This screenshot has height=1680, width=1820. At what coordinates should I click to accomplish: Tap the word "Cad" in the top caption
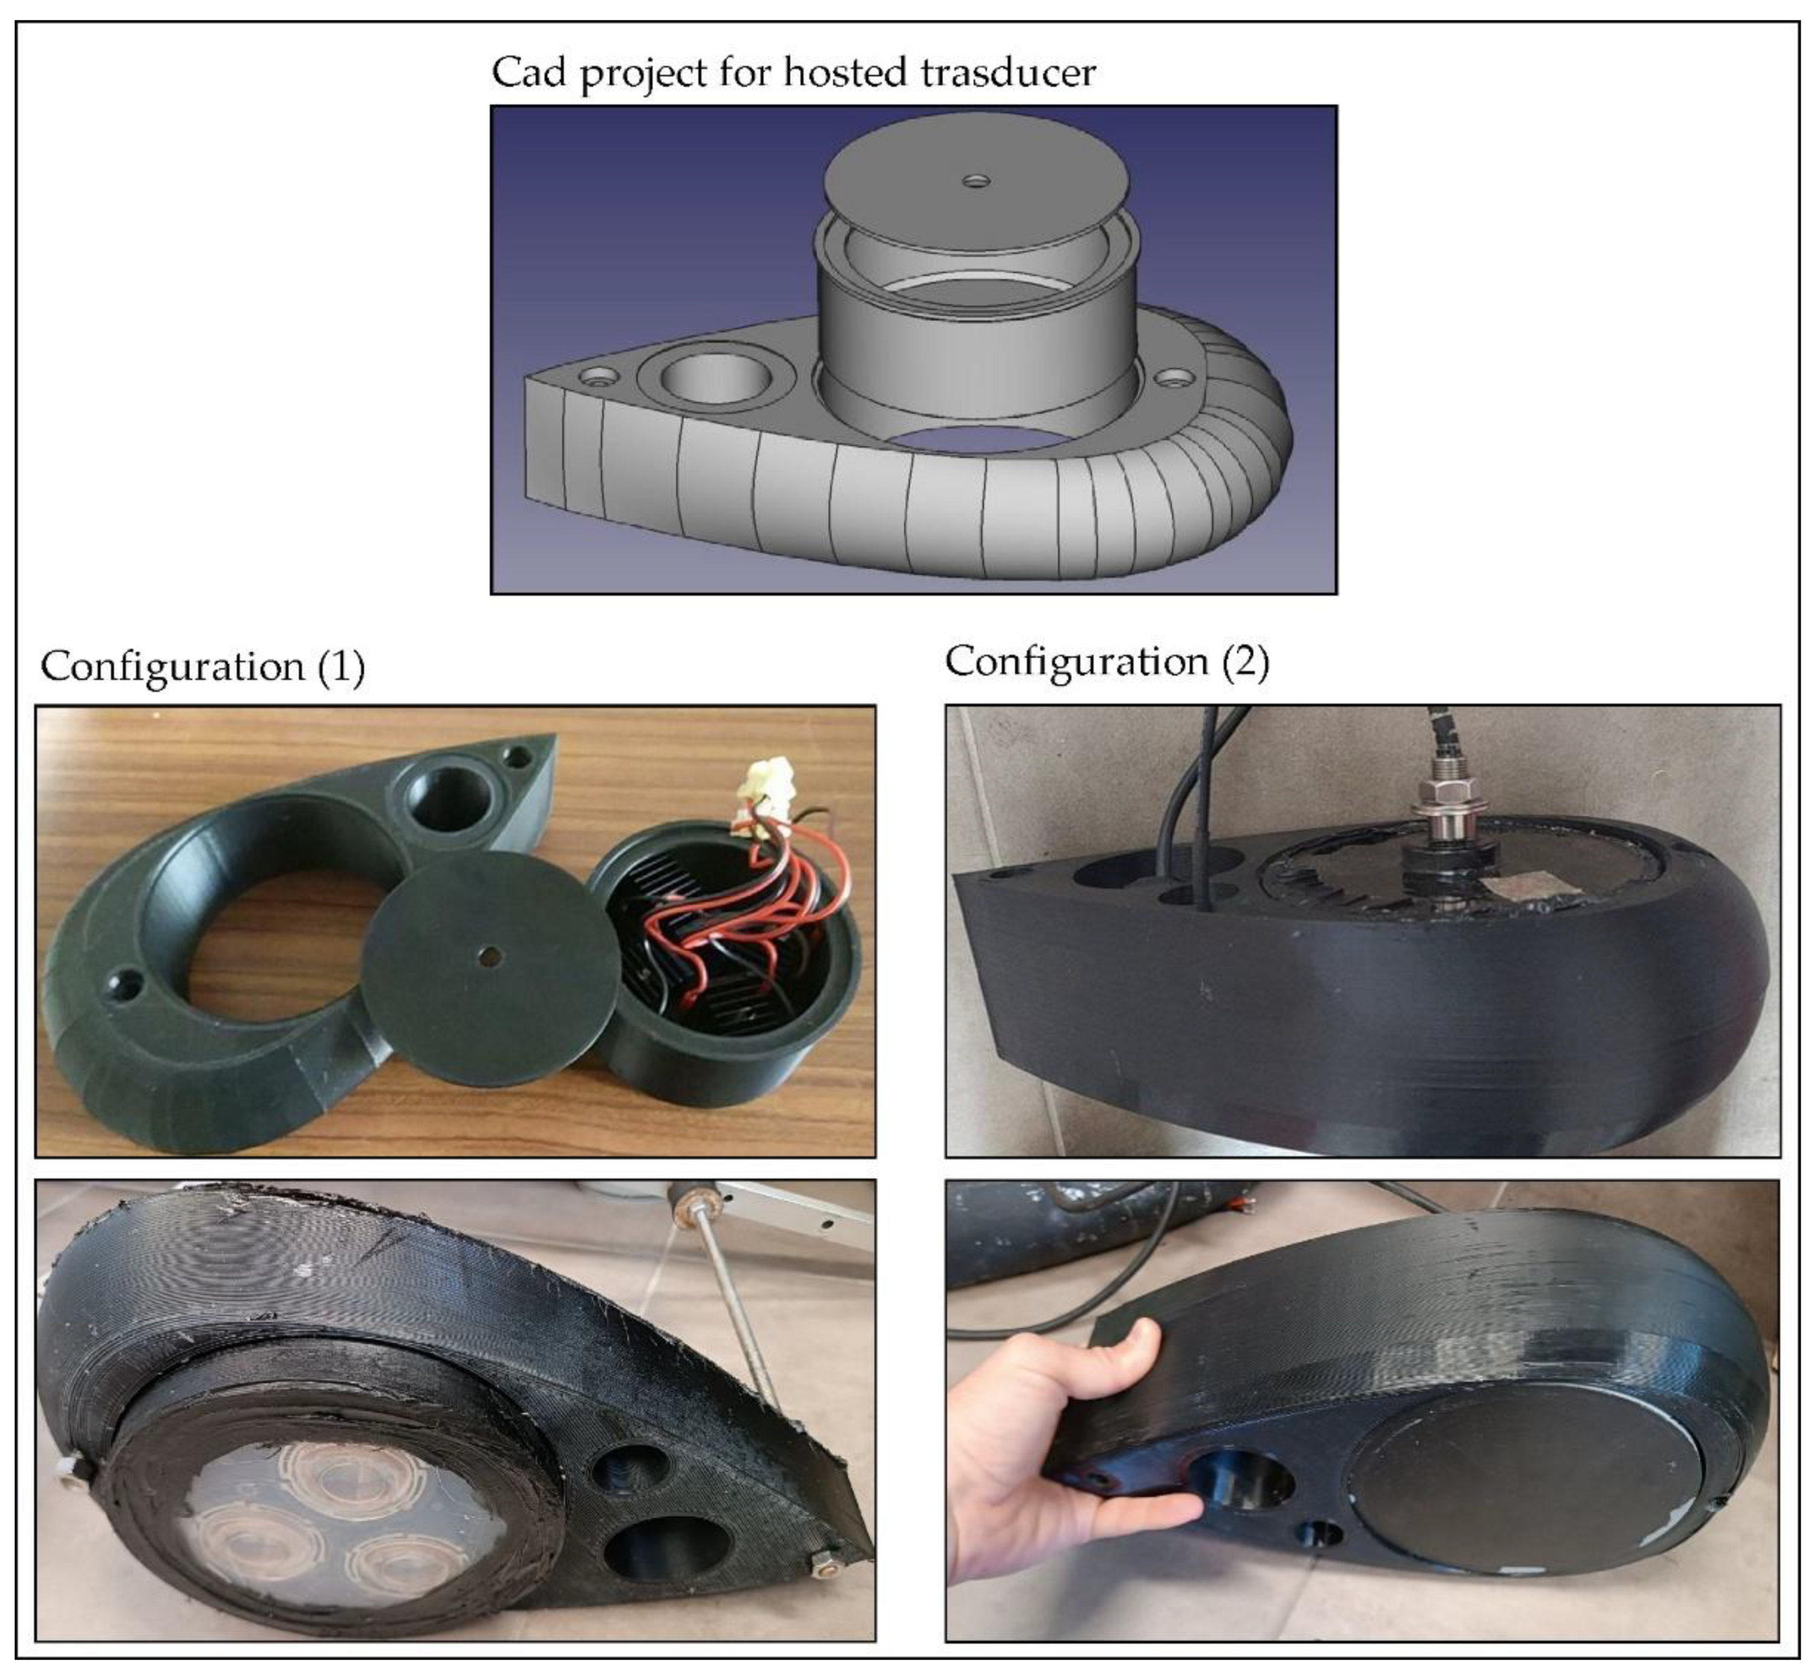(529, 72)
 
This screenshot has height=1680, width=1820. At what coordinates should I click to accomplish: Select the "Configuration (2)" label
(1107, 661)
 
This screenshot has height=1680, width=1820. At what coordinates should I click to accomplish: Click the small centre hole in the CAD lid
(977, 181)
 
